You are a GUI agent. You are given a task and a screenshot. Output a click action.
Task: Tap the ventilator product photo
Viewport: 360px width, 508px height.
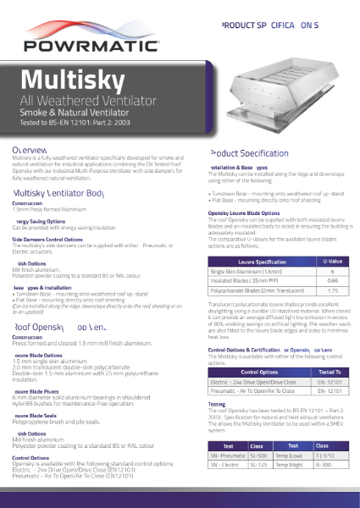point(271,87)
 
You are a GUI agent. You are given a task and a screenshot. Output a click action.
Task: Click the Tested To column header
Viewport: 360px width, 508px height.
point(331,371)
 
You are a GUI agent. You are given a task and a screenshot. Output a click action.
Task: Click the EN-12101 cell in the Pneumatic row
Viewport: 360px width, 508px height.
point(331,393)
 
